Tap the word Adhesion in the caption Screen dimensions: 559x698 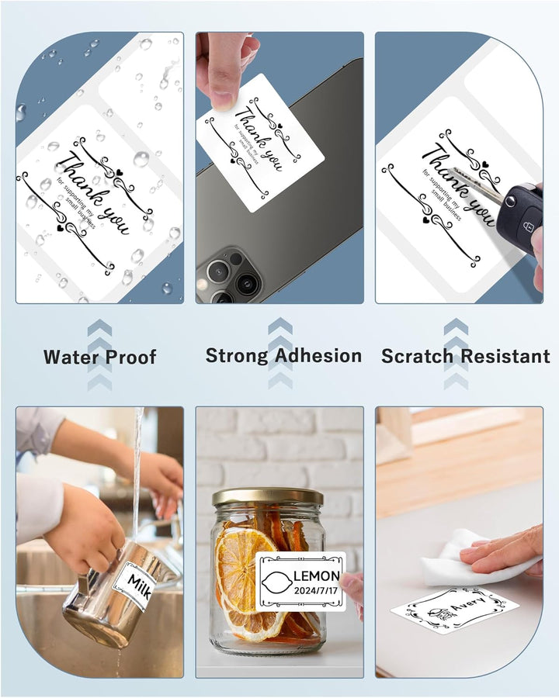click(x=318, y=356)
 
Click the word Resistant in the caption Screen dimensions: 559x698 click(x=505, y=356)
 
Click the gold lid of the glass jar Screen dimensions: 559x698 click(x=267, y=496)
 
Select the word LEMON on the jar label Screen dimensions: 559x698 click(x=317, y=576)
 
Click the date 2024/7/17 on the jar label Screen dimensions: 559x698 click(x=316, y=591)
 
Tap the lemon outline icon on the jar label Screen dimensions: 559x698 click(x=277, y=582)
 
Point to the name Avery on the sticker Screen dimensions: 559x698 click(x=467, y=604)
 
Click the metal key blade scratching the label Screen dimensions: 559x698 click(x=477, y=183)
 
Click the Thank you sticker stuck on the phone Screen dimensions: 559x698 click(x=261, y=142)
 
